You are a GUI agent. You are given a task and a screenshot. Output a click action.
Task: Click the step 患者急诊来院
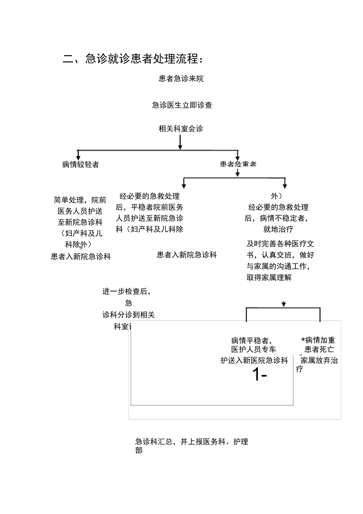pyautogui.click(x=181, y=79)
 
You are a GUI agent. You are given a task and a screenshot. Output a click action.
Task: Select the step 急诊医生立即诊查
pyautogui.click(x=182, y=105)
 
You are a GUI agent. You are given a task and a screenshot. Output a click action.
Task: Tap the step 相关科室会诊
pyautogui.click(x=181, y=129)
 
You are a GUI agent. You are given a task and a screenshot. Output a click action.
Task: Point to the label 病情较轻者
pyautogui.click(x=81, y=164)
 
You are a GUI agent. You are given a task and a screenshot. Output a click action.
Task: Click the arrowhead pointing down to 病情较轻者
pyautogui.click(x=78, y=156)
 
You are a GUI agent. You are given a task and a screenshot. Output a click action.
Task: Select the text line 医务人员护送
pyautogui.click(x=80, y=211)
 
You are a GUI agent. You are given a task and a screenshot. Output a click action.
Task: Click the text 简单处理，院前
pyautogui.click(x=80, y=200)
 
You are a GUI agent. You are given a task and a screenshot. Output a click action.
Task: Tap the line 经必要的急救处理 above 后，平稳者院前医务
pyautogui.click(x=149, y=196)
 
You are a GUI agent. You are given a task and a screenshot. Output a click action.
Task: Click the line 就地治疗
pyautogui.click(x=278, y=229)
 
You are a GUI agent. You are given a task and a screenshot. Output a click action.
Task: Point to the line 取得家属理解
pyautogui.click(x=269, y=278)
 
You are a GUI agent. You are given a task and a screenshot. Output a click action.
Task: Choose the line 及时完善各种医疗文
pyautogui.click(x=280, y=244)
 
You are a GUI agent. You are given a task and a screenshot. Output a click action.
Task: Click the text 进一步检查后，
pyautogui.click(x=126, y=291)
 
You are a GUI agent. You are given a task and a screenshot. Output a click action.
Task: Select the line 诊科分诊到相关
pyautogui.click(x=128, y=315)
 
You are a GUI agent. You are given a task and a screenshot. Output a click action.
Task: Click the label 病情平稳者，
pyautogui.click(x=251, y=340)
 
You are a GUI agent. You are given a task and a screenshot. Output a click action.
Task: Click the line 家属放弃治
pyautogui.click(x=319, y=360)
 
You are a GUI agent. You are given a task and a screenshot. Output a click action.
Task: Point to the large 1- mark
pyautogui.click(x=259, y=375)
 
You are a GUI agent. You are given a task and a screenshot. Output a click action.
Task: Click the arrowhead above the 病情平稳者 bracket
pyautogui.click(x=284, y=304)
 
